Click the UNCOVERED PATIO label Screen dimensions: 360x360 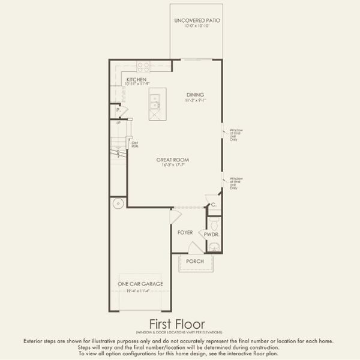point(197,20)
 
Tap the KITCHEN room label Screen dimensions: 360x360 point(136,79)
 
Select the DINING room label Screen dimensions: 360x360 point(195,95)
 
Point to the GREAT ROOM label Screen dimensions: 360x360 point(173,160)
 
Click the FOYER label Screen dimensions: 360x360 point(185,232)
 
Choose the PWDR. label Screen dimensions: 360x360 point(211,235)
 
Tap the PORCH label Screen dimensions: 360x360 point(195,262)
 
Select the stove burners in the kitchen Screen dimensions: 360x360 point(143,67)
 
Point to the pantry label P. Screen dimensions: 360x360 point(119,110)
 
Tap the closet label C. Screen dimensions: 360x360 point(213,205)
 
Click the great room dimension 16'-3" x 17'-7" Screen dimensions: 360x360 point(173,166)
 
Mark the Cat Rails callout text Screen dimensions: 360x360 point(135,144)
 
